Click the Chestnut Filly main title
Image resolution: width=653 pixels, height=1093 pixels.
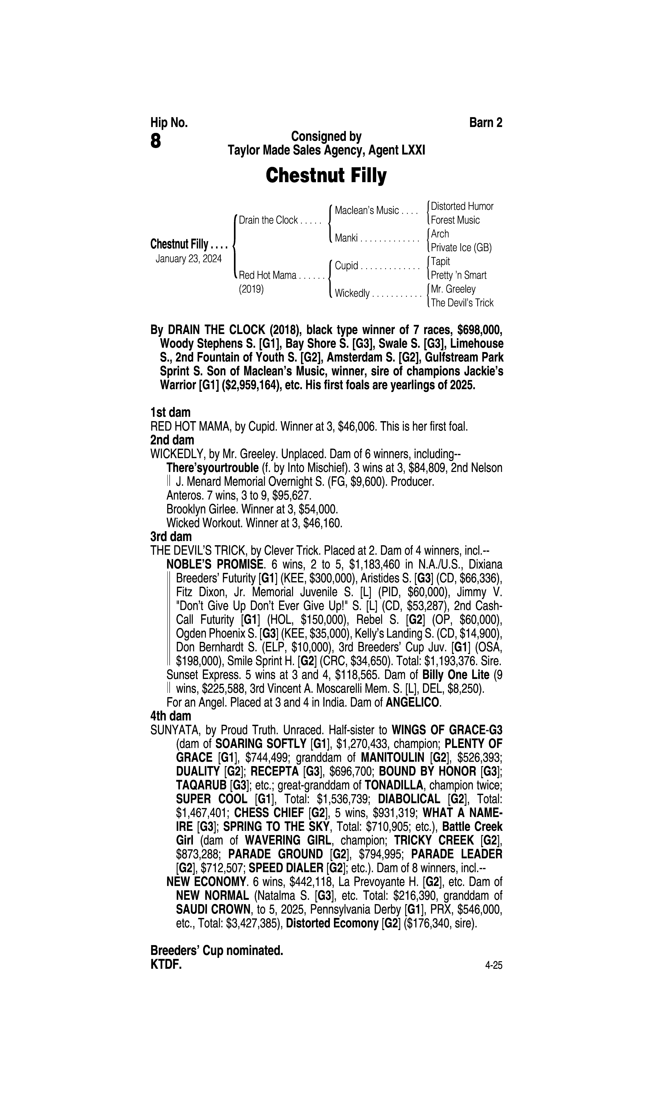tap(326, 176)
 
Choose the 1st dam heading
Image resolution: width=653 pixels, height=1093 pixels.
tap(171, 413)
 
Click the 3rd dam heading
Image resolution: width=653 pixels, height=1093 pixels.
tap(171, 537)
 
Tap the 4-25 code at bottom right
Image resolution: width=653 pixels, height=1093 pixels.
tap(493, 966)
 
